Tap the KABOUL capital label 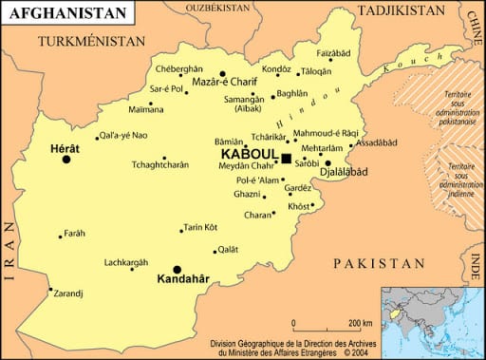coord(249,155)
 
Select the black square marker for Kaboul coord(286,157)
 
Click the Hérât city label coord(65,148)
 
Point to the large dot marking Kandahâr coord(177,269)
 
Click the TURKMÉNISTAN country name coord(91,42)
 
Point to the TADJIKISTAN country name coord(402,10)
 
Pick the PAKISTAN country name coord(375,262)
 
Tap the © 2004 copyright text coord(351,351)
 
